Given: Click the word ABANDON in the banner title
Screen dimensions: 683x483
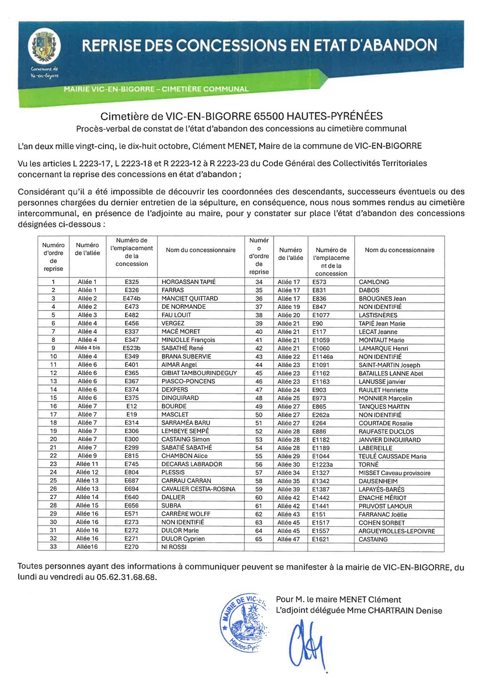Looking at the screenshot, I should [x=400, y=45].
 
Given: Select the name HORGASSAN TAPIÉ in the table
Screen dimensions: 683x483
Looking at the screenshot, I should [x=188, y=282].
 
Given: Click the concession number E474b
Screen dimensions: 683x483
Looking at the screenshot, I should [x=132, y=298].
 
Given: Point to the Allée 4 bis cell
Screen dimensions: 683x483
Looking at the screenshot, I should [x=87, y=348].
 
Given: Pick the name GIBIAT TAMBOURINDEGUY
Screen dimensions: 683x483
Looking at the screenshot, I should [x=199, y=373].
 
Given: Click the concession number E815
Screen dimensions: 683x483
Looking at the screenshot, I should [x=132, y=456].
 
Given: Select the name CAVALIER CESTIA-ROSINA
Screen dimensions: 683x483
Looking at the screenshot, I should [x=198, y=489].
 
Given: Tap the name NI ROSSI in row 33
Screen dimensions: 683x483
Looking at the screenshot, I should [x=174, y=547].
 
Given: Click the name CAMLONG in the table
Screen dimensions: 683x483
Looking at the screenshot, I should [x=374, y=282].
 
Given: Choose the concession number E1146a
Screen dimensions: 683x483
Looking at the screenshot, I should [x=322, y=357].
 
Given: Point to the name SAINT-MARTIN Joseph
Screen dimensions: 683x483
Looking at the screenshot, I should [x=389, y=365].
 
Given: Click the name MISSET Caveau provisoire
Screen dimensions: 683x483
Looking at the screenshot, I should [x=394, y=473].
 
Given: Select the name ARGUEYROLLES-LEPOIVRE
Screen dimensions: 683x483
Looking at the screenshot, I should [x=397, y=531].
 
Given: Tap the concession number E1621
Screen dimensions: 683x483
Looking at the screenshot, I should [x=320, y=539].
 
